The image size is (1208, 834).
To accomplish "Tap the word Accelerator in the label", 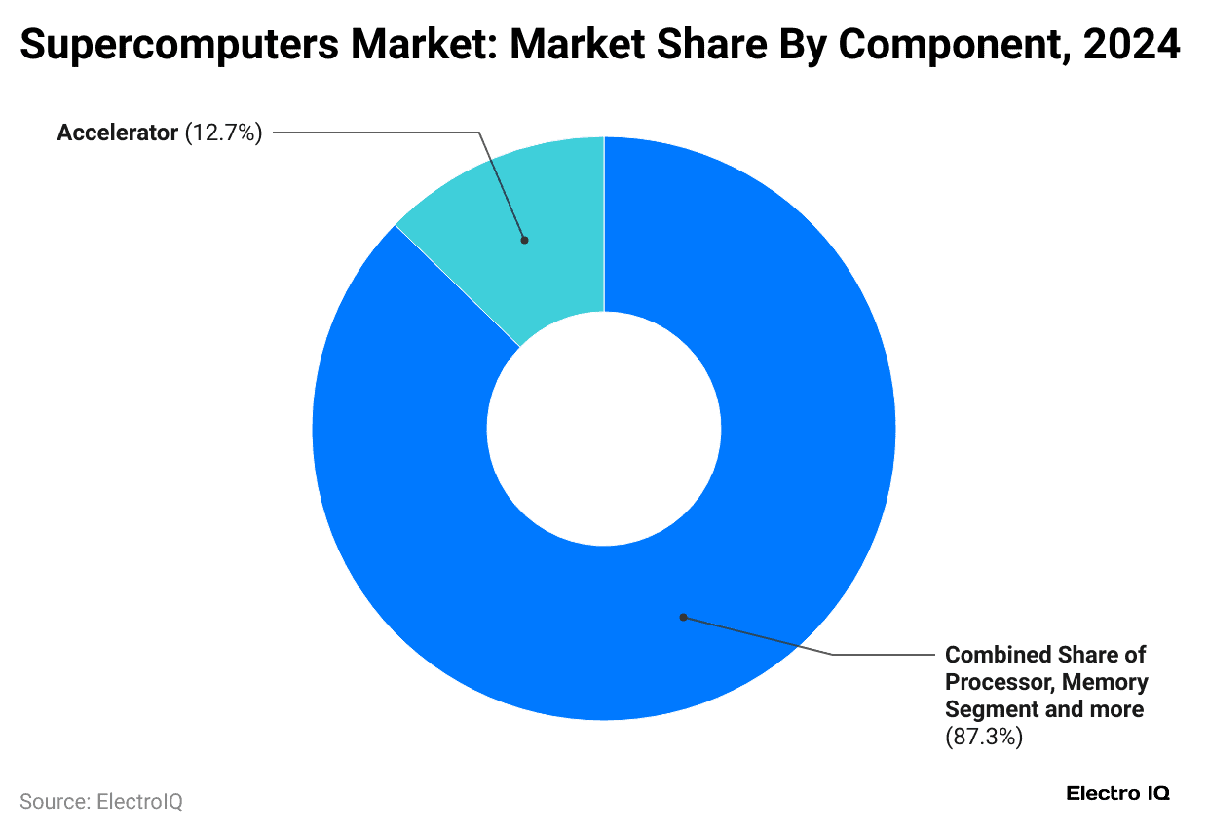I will tap(116, 133).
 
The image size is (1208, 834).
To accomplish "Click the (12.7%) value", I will tap(223, 133).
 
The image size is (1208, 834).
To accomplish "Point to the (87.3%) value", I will tap(984, 737).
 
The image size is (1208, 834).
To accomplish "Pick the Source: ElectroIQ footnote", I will tap(101, 802).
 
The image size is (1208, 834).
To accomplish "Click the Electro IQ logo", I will tap(1118, 793).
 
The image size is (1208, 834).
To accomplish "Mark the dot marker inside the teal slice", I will tap(524, 239).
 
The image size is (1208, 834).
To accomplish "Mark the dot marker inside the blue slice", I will tap(683, 617).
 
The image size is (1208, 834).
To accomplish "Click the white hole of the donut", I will tap(604, 429).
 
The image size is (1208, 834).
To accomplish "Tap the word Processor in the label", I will tap(998, 682).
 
